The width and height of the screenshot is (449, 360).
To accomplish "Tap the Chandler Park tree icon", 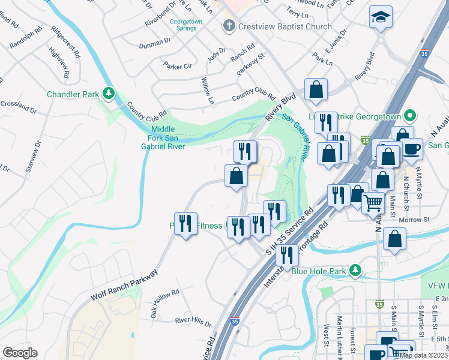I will pos(109,93).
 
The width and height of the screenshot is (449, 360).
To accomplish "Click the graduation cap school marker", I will pos(381,18).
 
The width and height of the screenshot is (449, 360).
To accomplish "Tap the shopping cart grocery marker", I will pos(373,203).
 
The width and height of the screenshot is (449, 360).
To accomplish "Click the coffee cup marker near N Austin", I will pos(412,148).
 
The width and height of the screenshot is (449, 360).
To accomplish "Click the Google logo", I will pos(20,353).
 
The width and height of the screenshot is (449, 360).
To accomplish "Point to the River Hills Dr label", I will pos(193,322).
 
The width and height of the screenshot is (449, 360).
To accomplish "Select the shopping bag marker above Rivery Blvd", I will pos(316,90).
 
